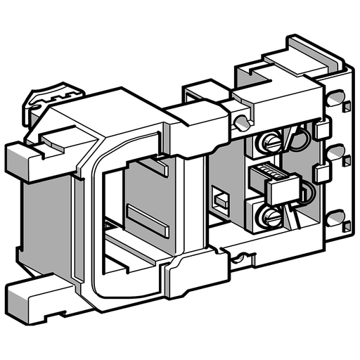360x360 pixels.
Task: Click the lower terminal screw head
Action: [x=271, y=216]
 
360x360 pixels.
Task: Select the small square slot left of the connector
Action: [x=221, y=202]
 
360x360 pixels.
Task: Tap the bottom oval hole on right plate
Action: [x=335, y=217]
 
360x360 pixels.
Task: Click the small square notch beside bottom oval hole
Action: [x=347, y=226]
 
